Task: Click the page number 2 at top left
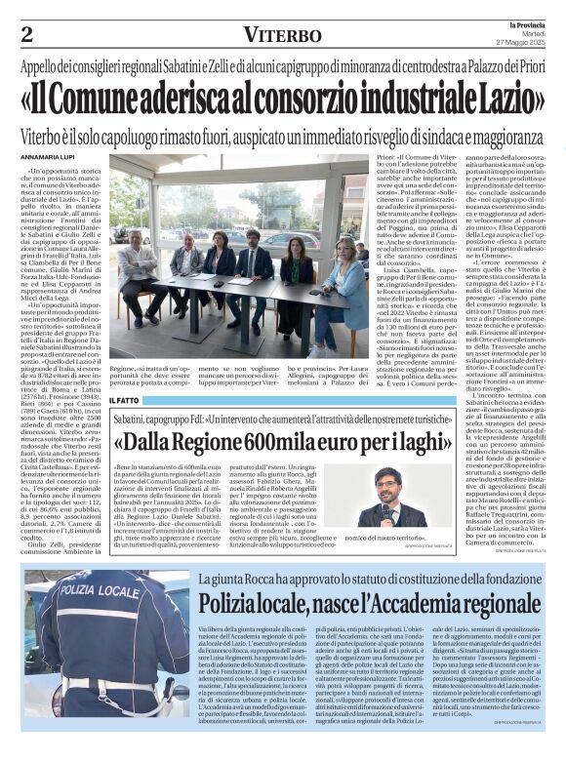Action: pos(26,35)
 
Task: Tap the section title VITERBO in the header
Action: pos(282,35)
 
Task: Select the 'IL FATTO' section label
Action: pos(124,400)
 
